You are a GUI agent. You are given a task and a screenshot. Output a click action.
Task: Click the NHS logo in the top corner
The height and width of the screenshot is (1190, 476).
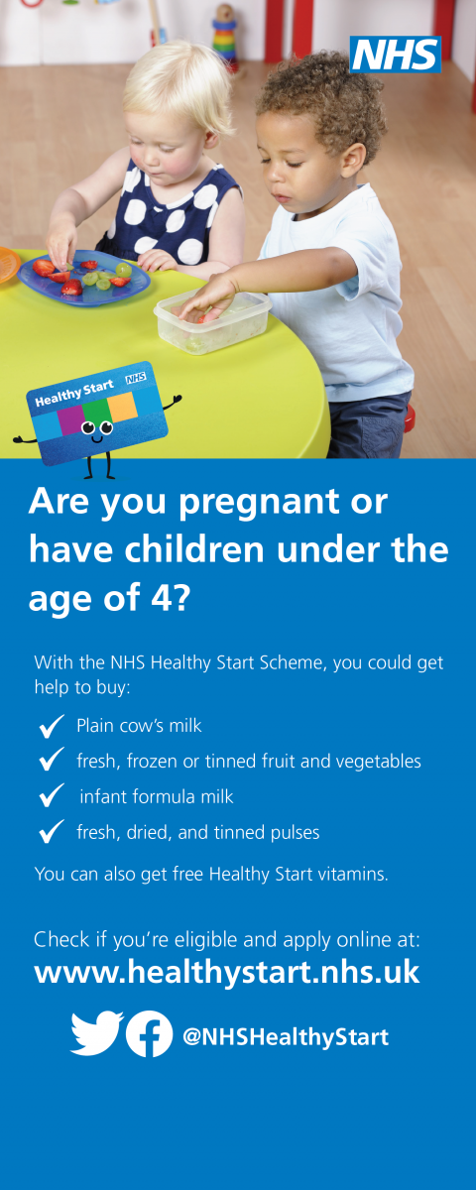(x=396, y=55)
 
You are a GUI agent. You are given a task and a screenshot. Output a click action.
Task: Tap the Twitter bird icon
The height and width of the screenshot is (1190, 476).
(x=97, y=1033)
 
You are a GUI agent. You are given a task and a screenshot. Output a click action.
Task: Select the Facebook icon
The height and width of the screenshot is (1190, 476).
(x=150, y=1033)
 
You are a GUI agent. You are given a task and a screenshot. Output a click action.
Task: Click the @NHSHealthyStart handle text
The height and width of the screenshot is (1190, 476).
(x=286, y=1037)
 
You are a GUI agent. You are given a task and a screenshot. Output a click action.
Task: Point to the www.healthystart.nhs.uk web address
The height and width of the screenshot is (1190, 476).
(x=227, y=972)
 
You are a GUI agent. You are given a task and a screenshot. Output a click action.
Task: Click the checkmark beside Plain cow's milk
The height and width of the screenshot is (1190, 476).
(x=52, y=726)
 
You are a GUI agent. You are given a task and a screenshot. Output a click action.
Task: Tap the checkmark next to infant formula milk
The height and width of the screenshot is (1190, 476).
(x=52, y=795)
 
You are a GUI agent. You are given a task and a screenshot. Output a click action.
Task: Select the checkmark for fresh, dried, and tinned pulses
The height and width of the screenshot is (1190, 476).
(x=52, y=831)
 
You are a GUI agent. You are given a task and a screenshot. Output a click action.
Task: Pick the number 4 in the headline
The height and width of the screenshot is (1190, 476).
(x=161, y=597)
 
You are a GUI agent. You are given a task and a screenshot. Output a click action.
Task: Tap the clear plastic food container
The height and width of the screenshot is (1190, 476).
(x=212, y=320)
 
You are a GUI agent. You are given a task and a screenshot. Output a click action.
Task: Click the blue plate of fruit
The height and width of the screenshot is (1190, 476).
(x=84, y=278)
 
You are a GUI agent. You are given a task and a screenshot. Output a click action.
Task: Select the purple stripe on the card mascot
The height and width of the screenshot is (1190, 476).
(x=70, y=420)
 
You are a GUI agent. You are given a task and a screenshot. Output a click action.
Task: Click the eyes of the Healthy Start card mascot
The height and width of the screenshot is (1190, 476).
(x=97, y=427)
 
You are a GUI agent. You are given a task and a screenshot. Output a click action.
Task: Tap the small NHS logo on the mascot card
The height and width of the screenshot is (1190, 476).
(x=136, y=378)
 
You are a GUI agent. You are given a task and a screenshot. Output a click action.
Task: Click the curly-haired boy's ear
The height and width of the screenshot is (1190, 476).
(x=354, y=159)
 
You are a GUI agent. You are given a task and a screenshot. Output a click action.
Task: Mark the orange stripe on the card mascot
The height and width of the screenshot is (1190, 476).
(x=123, y=407)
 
